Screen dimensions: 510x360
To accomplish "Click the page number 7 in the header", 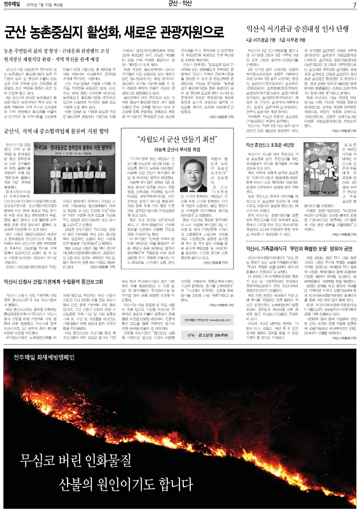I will (x=355, y=5).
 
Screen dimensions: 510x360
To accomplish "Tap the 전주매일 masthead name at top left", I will (x=13, y=5).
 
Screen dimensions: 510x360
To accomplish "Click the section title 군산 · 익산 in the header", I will (x=180, y=5).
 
